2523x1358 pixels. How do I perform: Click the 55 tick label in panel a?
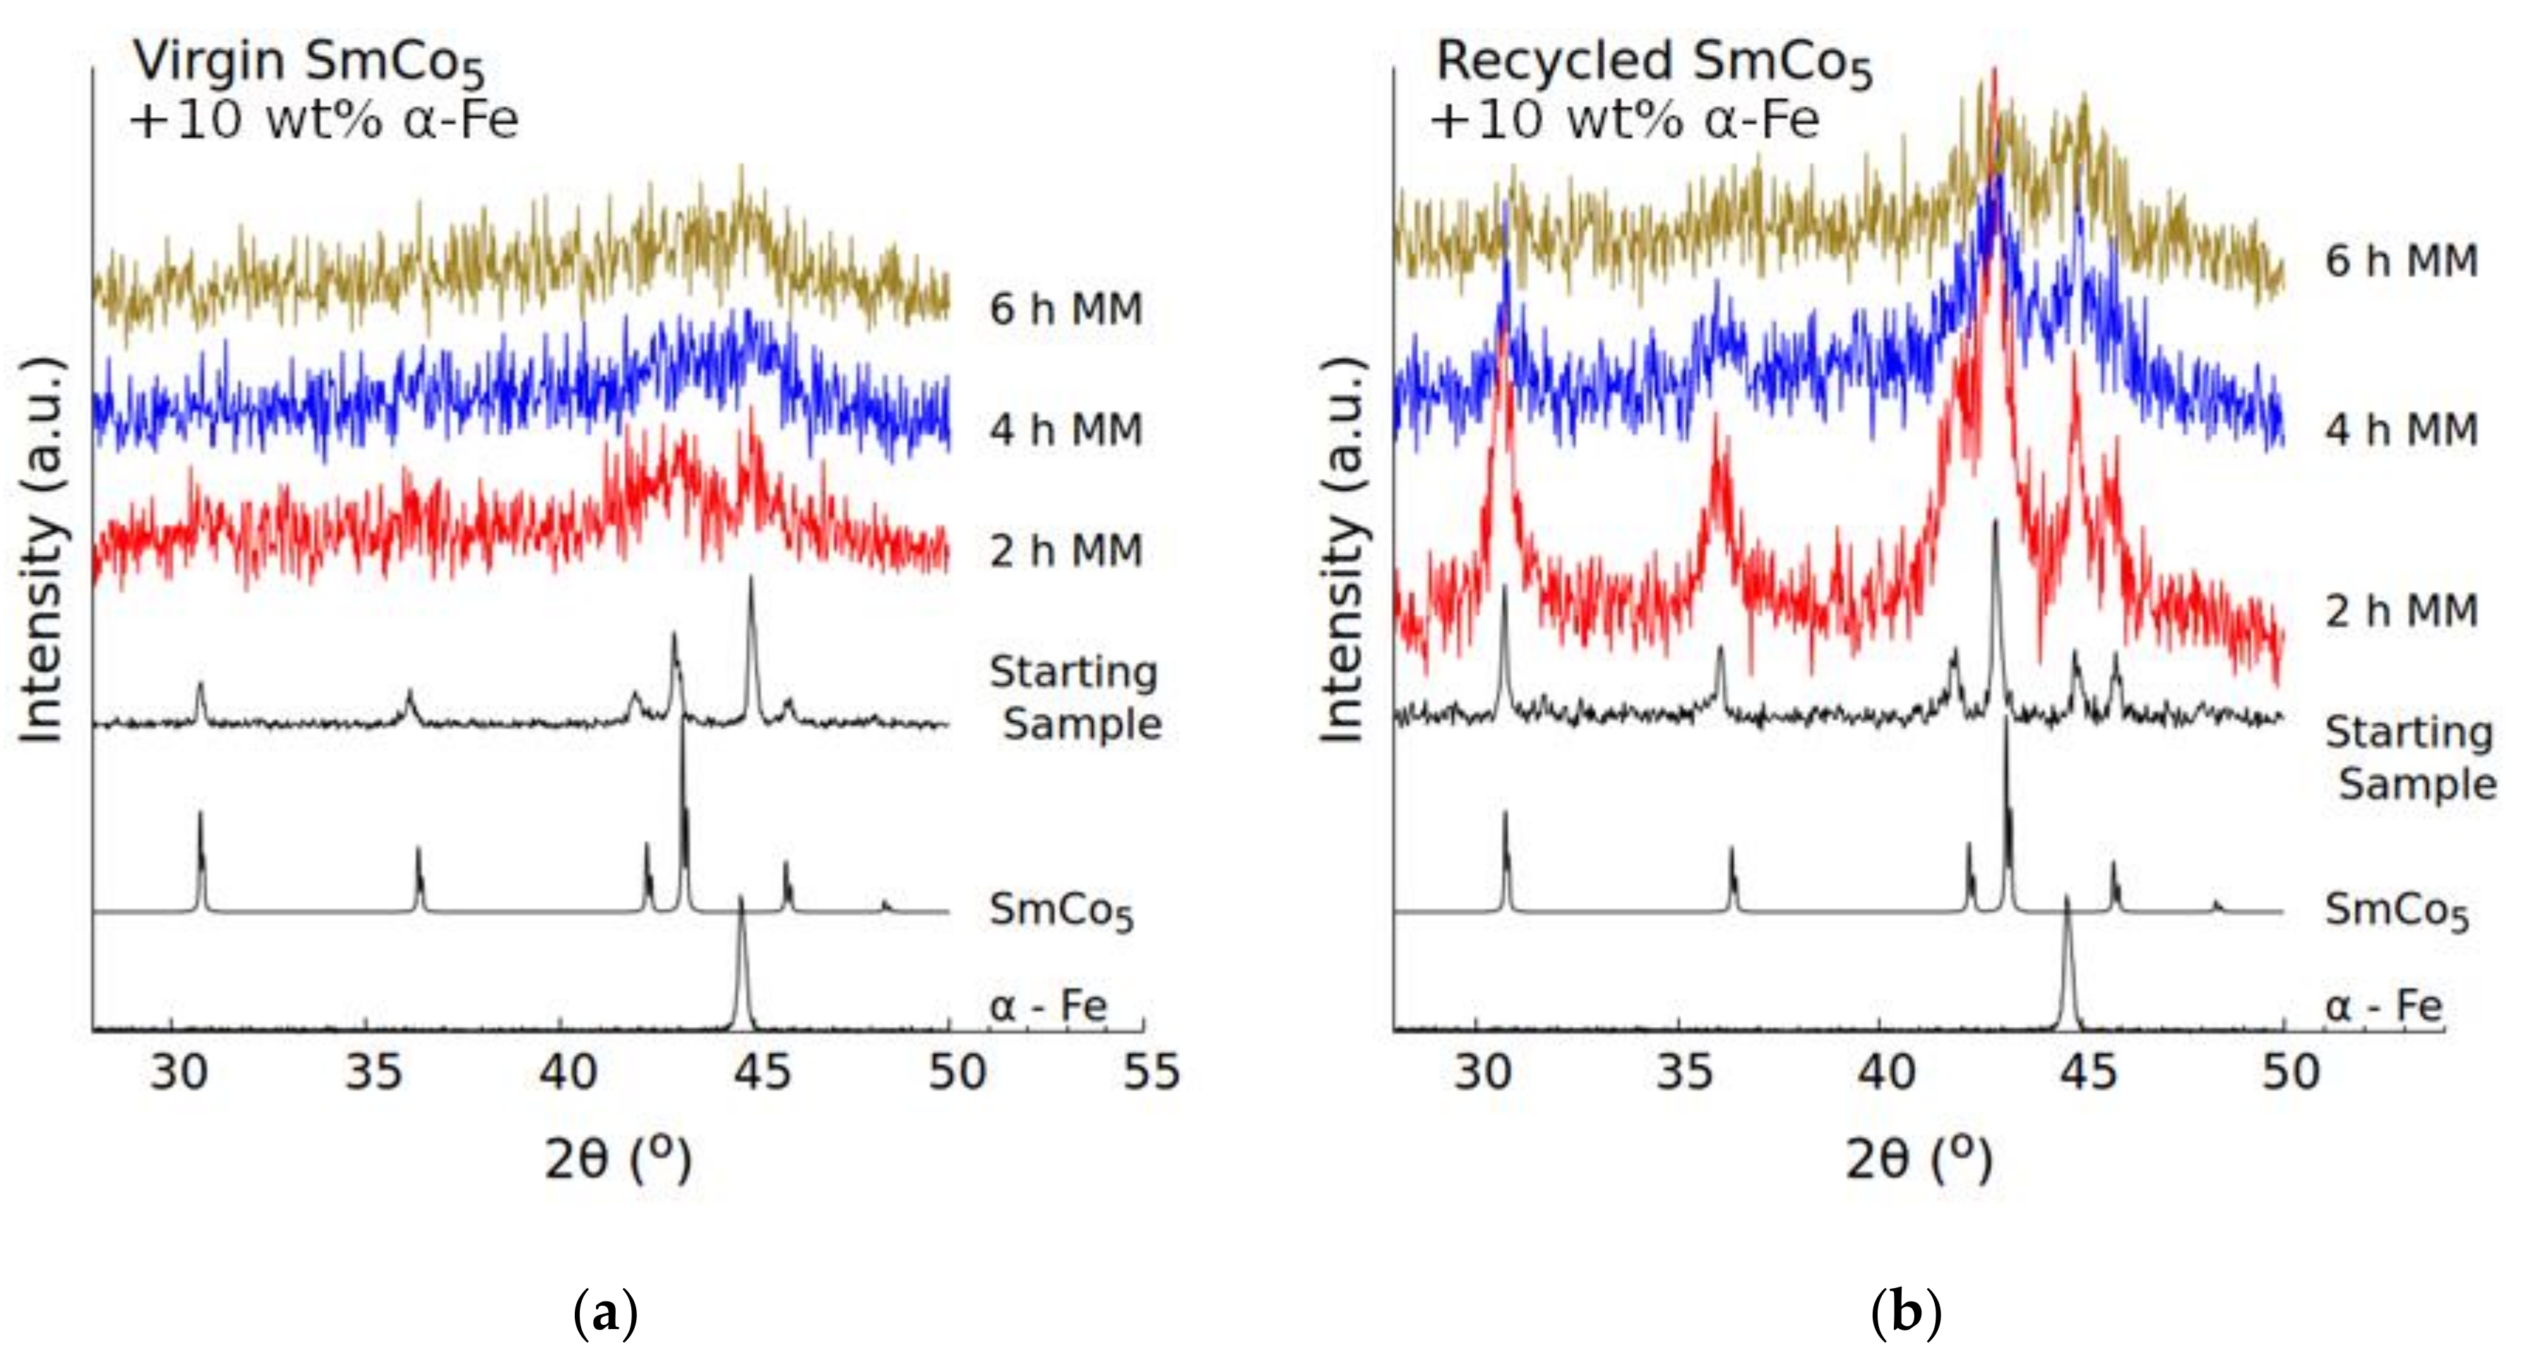point(1151,1072)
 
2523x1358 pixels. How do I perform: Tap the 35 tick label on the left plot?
point(373,1072)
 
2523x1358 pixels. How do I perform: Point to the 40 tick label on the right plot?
point(1885,1072)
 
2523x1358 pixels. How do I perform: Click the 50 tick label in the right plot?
point(2290,1072)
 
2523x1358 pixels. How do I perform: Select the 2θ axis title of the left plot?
point(618,1160)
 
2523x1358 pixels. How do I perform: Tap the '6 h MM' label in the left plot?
point(1066,309)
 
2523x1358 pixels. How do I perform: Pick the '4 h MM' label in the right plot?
point(2402,430)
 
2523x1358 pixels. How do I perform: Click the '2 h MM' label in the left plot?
point(1066,551)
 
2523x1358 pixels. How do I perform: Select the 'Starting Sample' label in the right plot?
point(2409,757)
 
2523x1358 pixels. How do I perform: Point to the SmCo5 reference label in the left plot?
point(1061,911)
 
